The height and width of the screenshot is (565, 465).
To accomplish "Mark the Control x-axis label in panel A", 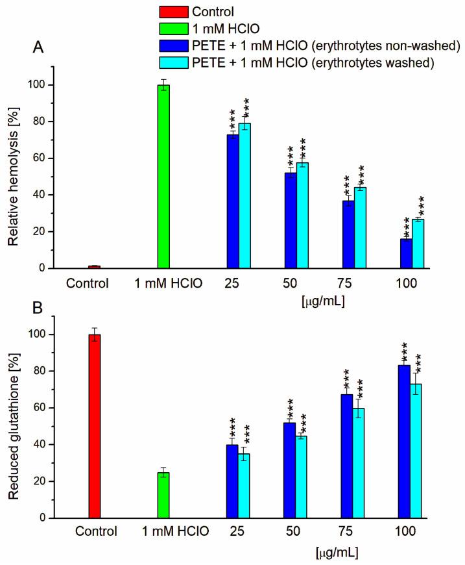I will (x=88, y=283).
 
